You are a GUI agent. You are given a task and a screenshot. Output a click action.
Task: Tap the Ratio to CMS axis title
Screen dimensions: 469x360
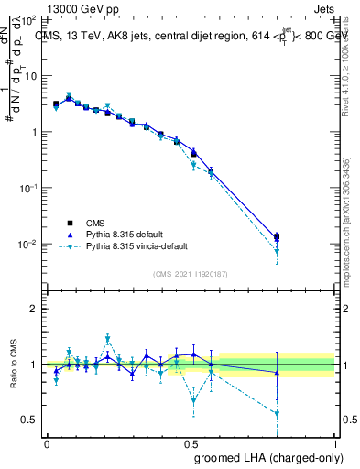point(16,365)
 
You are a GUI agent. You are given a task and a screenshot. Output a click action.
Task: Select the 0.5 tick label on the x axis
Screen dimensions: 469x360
point(191,443)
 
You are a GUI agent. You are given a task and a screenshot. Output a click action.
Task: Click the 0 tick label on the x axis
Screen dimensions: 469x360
point(47,443)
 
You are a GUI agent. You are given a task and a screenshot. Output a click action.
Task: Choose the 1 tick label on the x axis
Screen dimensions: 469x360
point(335,443)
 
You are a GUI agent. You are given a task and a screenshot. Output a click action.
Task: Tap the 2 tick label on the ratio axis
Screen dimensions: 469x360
point(34,309)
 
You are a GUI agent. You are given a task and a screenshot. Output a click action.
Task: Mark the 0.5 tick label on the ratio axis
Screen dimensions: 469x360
point(29,420)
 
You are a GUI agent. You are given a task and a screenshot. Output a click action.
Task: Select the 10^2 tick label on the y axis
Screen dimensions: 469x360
point(28,19)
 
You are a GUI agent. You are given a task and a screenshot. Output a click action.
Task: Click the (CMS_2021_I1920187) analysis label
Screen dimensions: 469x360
point(191,273)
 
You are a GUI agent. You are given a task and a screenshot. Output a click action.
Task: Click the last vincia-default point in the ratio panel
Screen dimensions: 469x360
point(277,413)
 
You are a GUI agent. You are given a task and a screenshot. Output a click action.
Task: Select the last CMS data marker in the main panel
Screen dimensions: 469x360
point(277,236)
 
